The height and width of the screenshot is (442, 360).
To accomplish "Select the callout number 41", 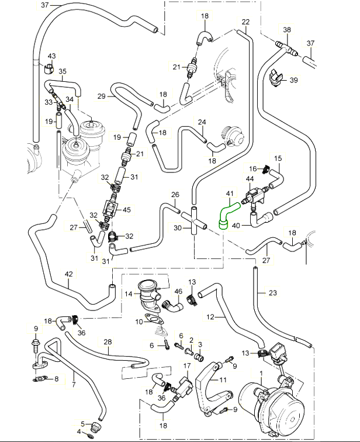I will pyautogui.click(x=229, y=192).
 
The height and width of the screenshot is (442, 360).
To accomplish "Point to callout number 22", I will pyautogui.click(x=245, y=22).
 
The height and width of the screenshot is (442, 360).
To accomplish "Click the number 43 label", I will pyautogui.click(x=51, y=56).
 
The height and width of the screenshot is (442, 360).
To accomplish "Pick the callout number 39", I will pyautogui.click(x=293, y=80).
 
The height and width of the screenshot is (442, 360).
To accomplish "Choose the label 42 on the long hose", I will pyautogui.click(x=69, y=273).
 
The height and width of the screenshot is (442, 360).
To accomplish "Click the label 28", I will pyautogui.click(x=108, y=342).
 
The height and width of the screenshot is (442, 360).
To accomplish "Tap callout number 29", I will pyautogui.click(x=101, y=96).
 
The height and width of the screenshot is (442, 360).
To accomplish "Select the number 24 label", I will pyautogui.click(x=202, y=122).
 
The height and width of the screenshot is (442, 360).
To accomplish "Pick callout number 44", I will pyautogui.click(x=250, y=178).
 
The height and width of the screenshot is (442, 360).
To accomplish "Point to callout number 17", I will pyautogui.click(x=188, y=365).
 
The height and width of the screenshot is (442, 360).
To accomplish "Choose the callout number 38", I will pyautogui.click(x=286, y=29).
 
